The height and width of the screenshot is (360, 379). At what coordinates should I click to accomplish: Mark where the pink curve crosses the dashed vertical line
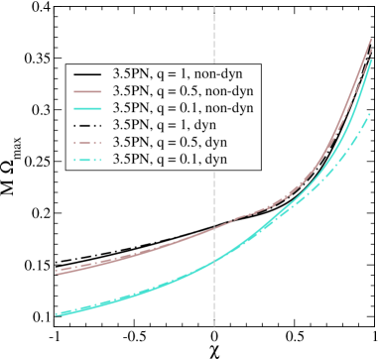pyautogui.click(x=214, y=228)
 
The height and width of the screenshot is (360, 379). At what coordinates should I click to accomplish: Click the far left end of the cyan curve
pyautogui.click(x=56, y=315)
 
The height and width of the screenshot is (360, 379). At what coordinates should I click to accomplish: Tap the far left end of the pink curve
pyautogui.click(x=56, y=272)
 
